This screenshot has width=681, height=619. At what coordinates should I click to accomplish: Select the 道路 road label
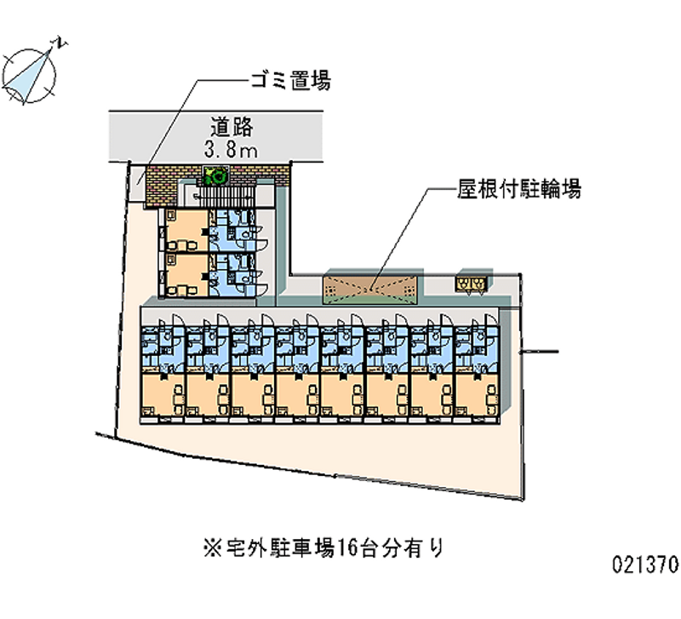click(232, 127)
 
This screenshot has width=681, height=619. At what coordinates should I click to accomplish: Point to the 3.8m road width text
click(232, 151)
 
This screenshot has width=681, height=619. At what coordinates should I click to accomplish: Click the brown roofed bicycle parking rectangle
click(372, 287)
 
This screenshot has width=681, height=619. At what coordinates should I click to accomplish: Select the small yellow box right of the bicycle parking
click(472, 282)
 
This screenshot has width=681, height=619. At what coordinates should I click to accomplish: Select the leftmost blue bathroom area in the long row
click(162, 345)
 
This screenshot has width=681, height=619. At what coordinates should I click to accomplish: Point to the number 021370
click(644, 564)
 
